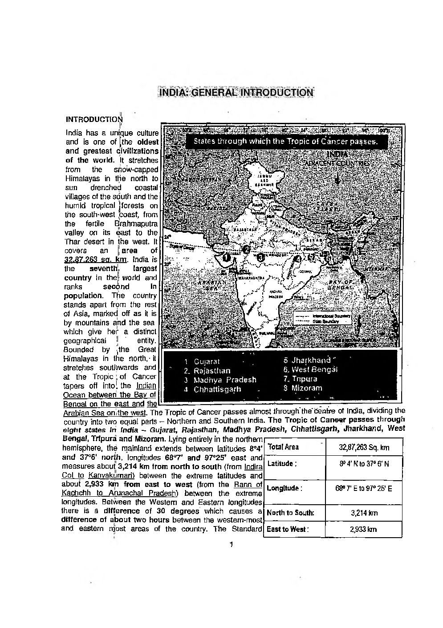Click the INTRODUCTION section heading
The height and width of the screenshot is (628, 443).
coord(93,119)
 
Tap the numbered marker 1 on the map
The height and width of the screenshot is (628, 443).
coord(227,257)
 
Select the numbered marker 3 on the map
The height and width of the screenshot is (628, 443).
coord(261,257)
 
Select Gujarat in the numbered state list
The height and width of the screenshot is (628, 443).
coord(207,361)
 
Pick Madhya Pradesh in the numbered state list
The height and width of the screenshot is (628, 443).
coord(224,380)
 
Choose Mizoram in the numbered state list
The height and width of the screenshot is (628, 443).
coord(306,388)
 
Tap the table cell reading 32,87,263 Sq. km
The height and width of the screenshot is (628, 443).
coord(364,447)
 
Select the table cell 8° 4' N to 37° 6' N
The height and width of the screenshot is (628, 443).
coord(364,464)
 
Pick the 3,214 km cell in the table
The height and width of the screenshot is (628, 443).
coord(364,513)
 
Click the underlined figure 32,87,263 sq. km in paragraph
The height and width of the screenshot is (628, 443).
coord(96,259)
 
